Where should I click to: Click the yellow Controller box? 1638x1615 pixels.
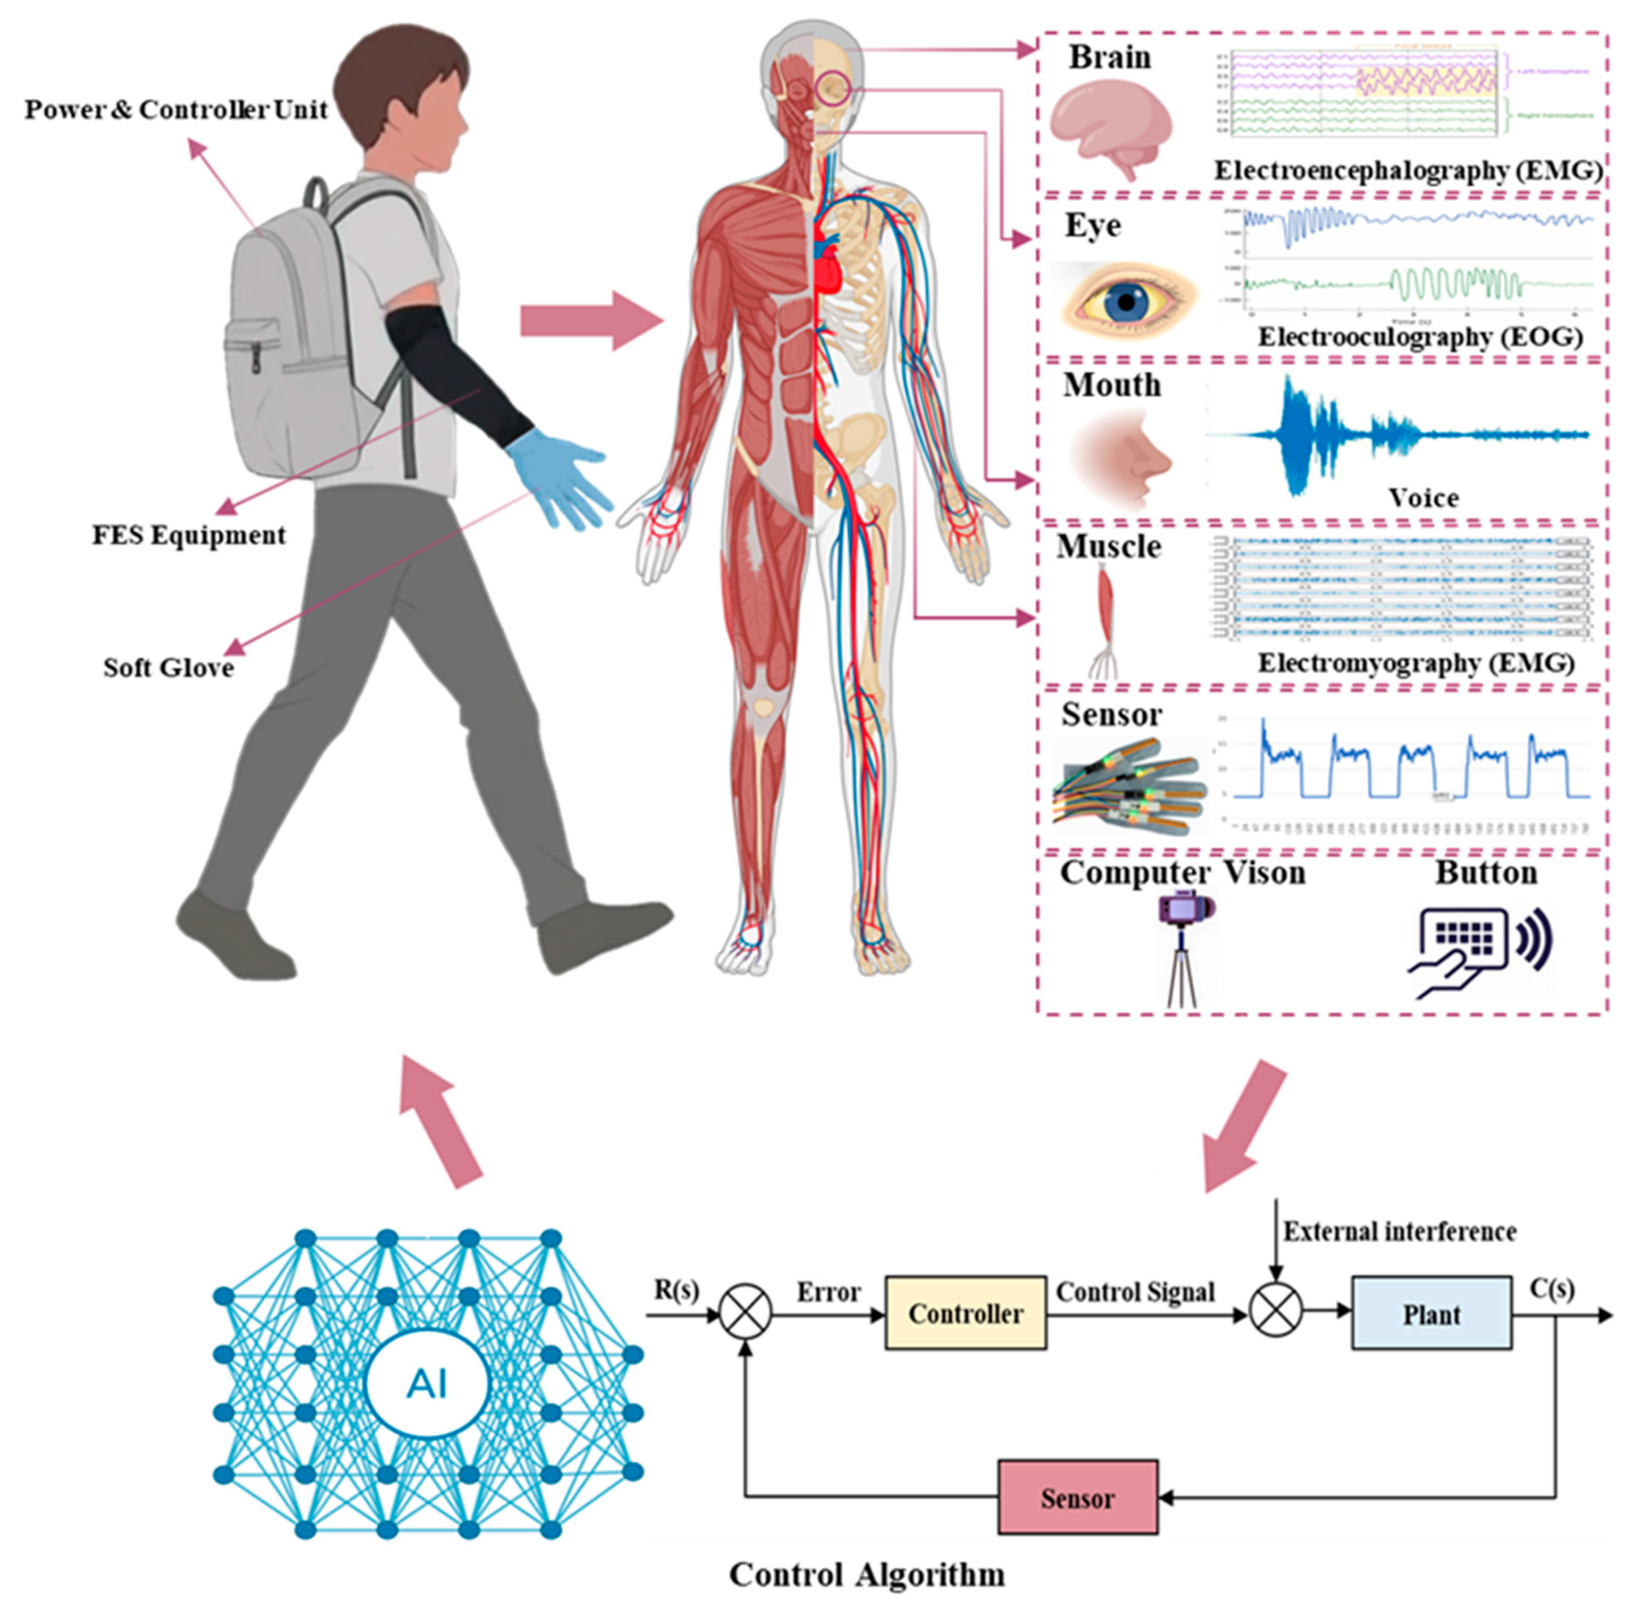965,1313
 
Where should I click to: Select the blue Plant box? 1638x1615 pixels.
1431,1313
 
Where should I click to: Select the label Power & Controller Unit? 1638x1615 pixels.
176,110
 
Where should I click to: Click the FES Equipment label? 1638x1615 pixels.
188,536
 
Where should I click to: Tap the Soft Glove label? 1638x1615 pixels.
168,668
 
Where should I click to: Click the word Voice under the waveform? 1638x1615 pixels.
1423,498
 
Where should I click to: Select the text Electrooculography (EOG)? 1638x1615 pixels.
1419,337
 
